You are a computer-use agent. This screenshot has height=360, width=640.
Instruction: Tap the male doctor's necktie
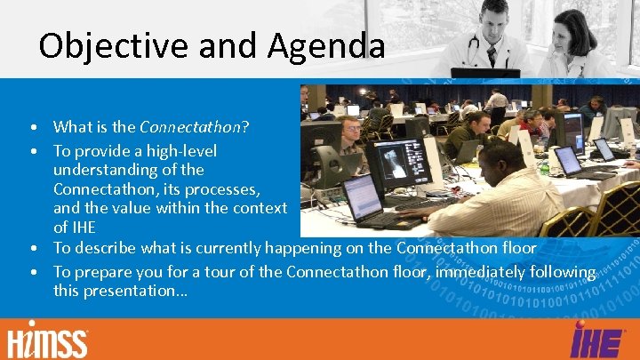(x=491, y=56)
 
